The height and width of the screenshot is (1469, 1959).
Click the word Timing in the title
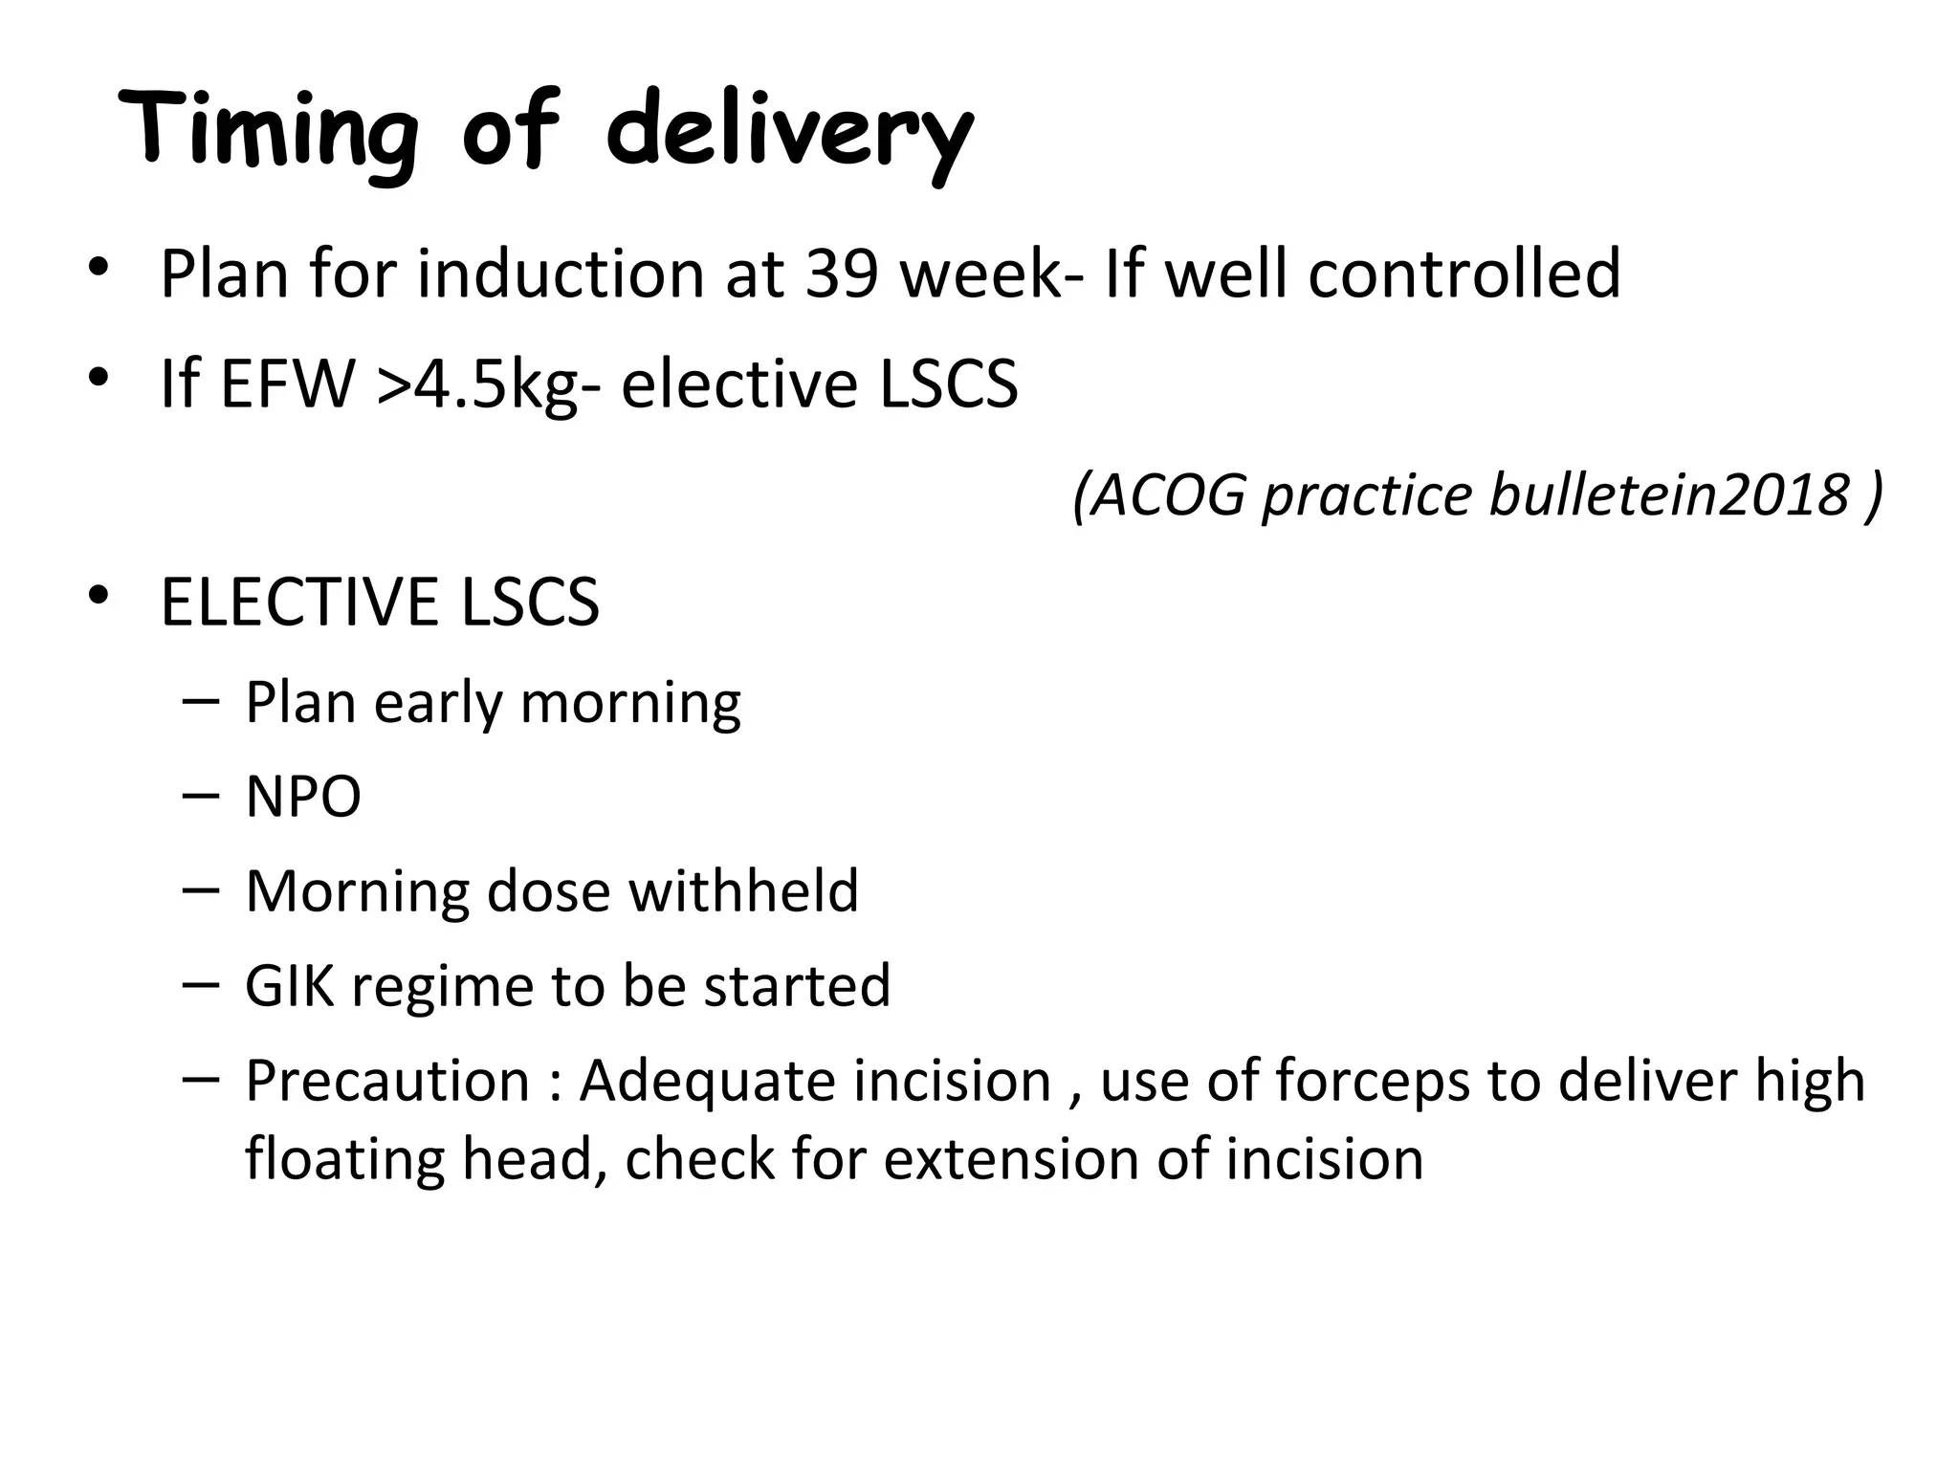[x=269, y=130]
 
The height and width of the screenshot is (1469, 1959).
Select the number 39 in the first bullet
[x=842, y=274]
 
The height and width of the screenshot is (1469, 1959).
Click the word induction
[x=561, y=274]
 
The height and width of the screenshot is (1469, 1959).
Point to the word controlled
[x=1464, y=274]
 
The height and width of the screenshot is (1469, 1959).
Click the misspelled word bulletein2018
[x=1669, y=494]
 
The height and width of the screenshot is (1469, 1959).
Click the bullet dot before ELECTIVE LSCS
[x=98, y=596]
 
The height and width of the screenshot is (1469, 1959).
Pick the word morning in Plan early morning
[x=630, y=703]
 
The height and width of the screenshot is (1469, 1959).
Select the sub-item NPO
[x=303, y=797]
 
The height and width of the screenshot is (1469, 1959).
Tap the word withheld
[x=743, y=891]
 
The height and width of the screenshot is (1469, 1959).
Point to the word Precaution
[x=387, y=1081]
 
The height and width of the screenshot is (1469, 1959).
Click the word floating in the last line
[x=345, y=1159]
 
